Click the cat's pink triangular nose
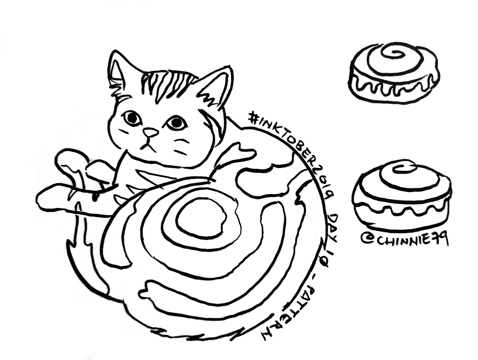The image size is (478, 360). coord(151,132)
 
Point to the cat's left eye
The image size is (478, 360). coord(132,118)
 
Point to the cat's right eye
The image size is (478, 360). coord(176,122)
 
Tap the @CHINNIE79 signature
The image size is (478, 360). coord(404,240)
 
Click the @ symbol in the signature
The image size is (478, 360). coord(366,240)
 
